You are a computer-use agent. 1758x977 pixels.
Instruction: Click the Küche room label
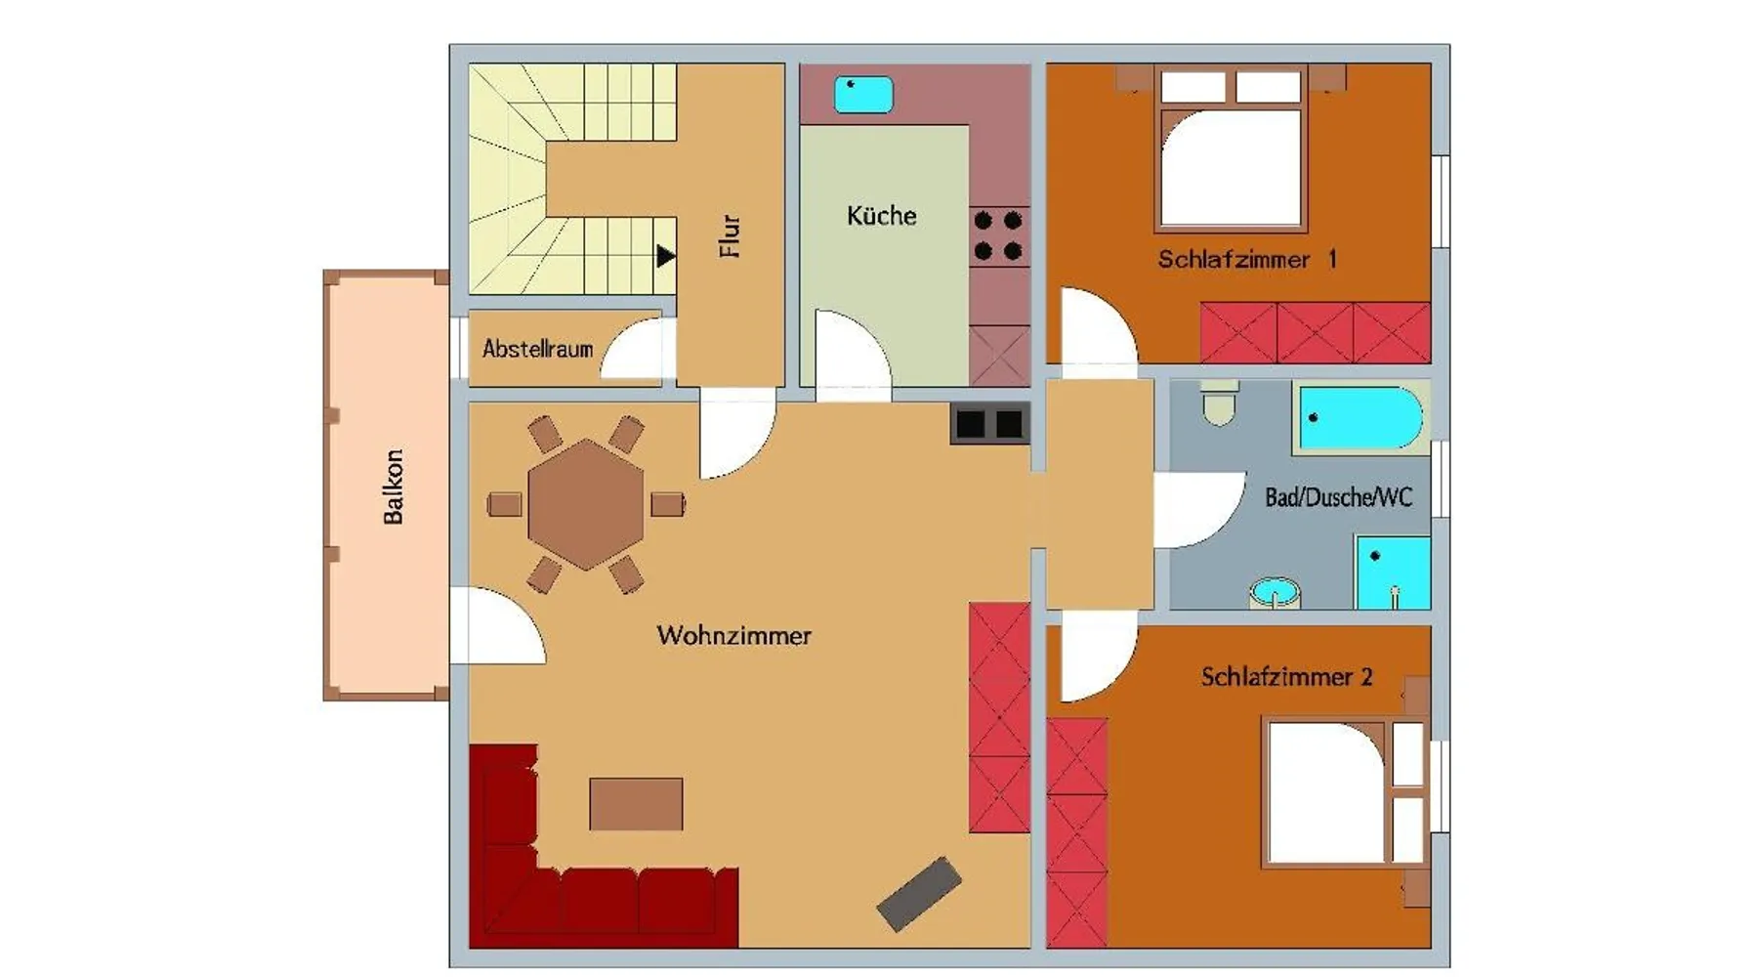[x=881, y=215]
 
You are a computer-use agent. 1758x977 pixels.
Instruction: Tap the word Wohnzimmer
[x=734, y=635]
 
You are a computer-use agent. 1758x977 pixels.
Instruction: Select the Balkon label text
[x=393, y=487]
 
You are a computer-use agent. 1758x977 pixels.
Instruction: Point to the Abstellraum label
[x=537, y=348]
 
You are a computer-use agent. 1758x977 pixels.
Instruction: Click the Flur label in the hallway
[x=730, y=236]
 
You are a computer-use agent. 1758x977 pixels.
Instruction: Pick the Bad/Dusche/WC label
[x=1338, y=497]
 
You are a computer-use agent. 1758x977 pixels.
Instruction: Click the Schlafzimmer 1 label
[x=1247, y=259]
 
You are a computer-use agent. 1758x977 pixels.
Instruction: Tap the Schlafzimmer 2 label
[x=1286, y=676]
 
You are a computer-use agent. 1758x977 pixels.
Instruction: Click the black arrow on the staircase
[x=666, y=256]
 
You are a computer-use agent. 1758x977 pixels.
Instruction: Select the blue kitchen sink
[x=863, y=95]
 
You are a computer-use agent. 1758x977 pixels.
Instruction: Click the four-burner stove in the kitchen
[x=998, y=236]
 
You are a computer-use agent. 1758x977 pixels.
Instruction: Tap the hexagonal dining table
[x=586, y=504]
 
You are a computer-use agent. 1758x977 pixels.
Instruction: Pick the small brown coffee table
[x=636, y=804]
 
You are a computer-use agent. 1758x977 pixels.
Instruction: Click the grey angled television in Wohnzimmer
[x=919, y=894]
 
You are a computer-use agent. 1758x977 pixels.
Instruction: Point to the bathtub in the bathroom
[x=1360, y=418]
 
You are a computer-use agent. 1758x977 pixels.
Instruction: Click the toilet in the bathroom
[x=1219, y=403]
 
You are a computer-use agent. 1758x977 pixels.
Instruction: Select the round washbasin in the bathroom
[x=1276, y=593]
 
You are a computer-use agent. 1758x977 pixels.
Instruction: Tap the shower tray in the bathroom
[x=1393, y=573]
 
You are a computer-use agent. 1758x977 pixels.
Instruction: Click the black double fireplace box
[x=989, y=423]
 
